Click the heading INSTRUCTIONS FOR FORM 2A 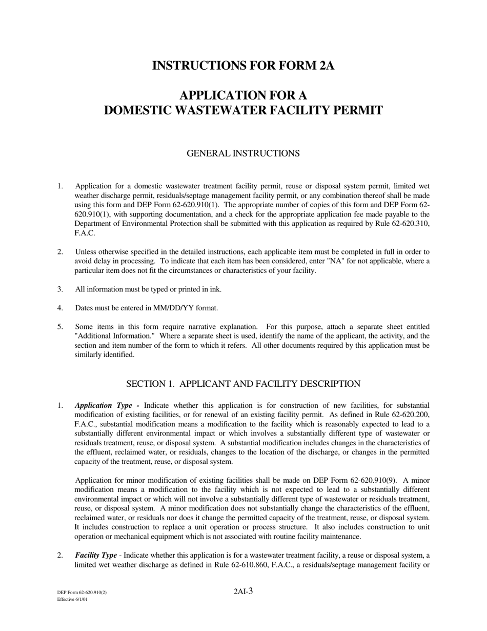(243, 66)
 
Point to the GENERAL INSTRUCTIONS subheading (243, 153)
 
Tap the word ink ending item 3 (216, 289)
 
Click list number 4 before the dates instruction (60, 308)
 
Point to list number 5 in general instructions (60, 327)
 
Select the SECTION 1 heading (243, 384)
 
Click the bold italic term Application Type (104, 405)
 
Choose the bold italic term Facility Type (96, 556)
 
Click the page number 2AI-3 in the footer (243, 591)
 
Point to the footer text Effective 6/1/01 (72, 599)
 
